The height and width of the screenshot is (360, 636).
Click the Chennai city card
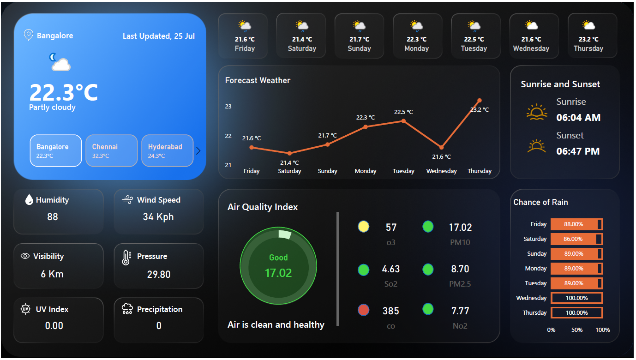pyautogui.click(x=112, y=150)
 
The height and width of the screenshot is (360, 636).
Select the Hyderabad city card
pyautogui.click(x=167, y=150)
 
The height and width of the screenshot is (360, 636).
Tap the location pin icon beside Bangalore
pyautogui.click(x=28, y=35)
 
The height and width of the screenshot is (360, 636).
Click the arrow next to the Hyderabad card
pyautogui.click(x=198, y=150)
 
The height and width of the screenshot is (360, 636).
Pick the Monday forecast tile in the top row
pyautogui.click(x=417, y=36)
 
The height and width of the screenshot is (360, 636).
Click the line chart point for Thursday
pyautogui.click(x=480, y=100)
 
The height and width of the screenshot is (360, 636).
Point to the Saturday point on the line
pyautogui.click(x=289, y=153)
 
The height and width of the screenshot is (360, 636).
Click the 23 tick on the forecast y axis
pyautogui.click(x=228, y=107)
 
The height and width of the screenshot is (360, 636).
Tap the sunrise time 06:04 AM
pyautogui.click(x=578, y=118)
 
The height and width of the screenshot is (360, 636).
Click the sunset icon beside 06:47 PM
pyautogui.click(x=536, y=146)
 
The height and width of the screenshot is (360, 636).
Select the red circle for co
pyautogui.click(x=364, y=310)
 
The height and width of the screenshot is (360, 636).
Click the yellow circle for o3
pyautogui.click(x=364, y=227)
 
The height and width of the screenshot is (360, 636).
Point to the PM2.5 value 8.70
pyautogui.click(x=460, y=269)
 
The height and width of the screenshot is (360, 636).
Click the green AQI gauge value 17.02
pyautogui.click(x=278, y=273)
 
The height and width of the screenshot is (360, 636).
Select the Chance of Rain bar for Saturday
pyautogui.click(x=576, y=239)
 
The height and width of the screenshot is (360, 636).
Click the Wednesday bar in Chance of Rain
pyautogui.click(x=576, y=298)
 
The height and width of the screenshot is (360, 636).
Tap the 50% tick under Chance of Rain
pyautogui.click(x=577, y=330)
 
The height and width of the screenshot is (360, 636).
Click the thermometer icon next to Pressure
pyautogui.click(x=126, y=258)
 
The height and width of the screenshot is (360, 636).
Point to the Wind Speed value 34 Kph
pyautogui.click(x=158, y=217)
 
